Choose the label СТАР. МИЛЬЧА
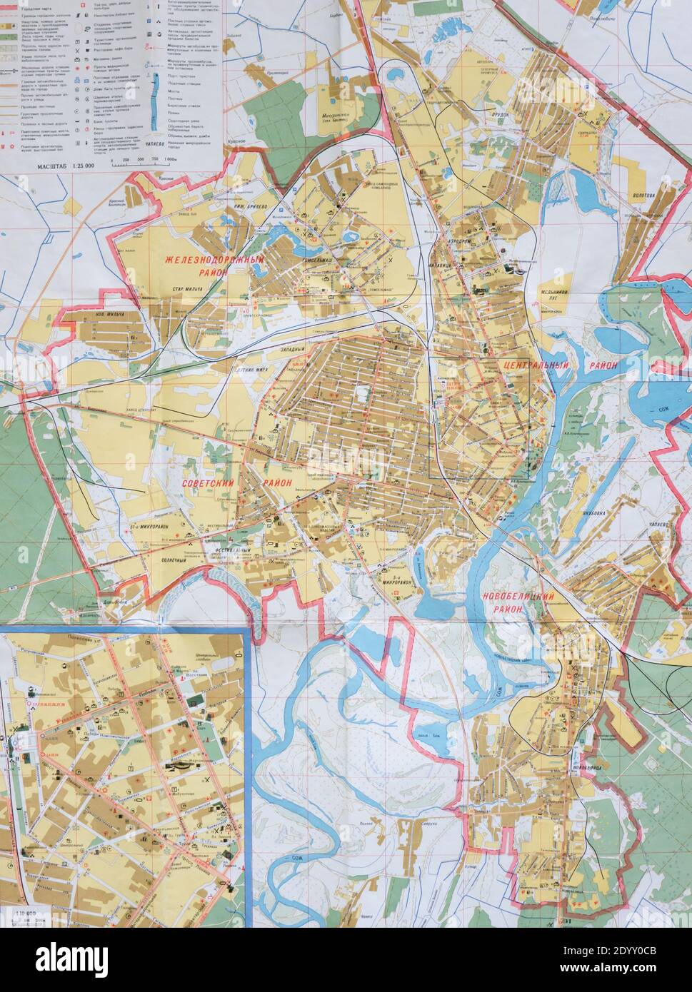coord(187,289)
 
